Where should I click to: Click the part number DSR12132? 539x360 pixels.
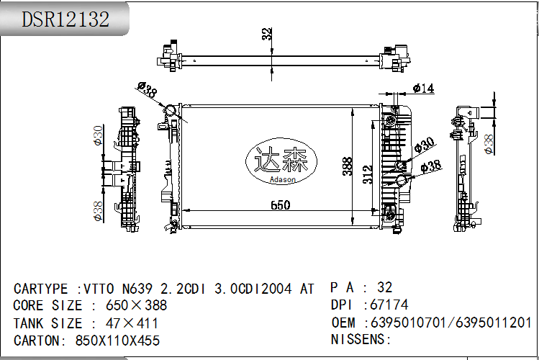point(65,19)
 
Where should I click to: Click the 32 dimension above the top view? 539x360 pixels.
point(267,34)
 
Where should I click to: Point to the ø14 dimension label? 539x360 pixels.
point(423,88)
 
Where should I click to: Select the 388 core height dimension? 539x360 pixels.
point(347,166)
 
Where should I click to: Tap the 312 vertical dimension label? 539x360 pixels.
point(368,174)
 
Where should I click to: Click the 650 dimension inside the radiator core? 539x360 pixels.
point(280,205)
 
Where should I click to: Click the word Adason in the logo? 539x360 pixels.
point(283,179)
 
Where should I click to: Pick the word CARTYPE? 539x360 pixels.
point(40,289)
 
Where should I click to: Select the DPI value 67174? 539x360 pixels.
point(389,305)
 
